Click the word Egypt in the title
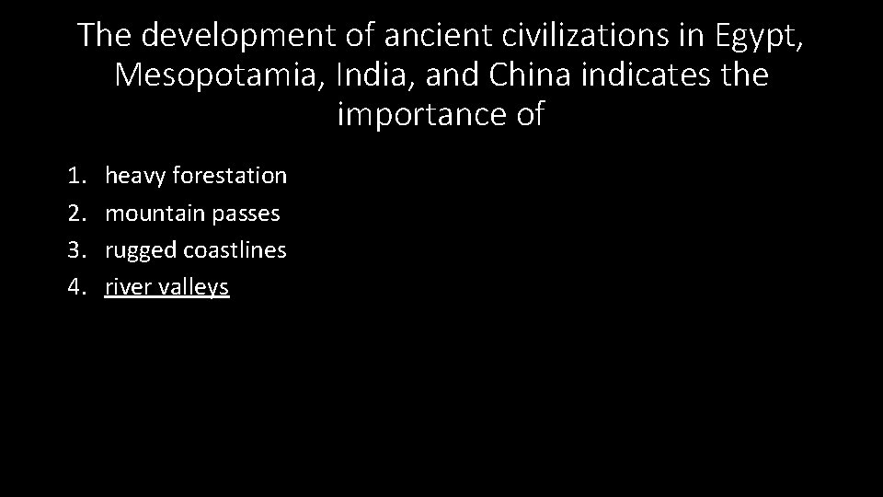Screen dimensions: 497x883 point(755,36)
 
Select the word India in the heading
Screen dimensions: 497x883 point(372,75)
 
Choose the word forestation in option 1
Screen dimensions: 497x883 point(229,175)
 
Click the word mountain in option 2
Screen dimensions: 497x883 point(155,213)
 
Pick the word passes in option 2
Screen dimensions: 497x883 point(246,214)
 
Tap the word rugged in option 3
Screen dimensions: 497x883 point(141,250)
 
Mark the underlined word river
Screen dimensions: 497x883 point(127,288)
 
